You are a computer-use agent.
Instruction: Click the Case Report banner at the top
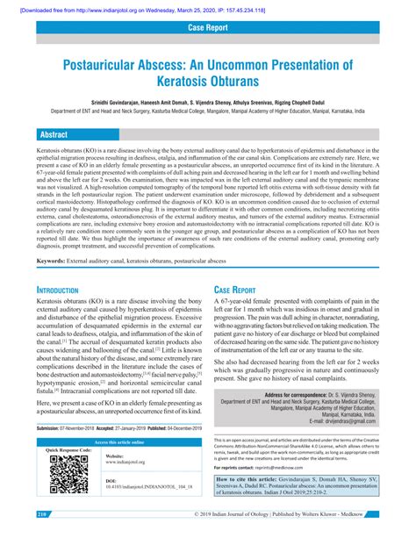208,29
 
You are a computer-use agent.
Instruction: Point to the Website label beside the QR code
114,456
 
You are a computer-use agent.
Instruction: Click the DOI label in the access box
111,481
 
